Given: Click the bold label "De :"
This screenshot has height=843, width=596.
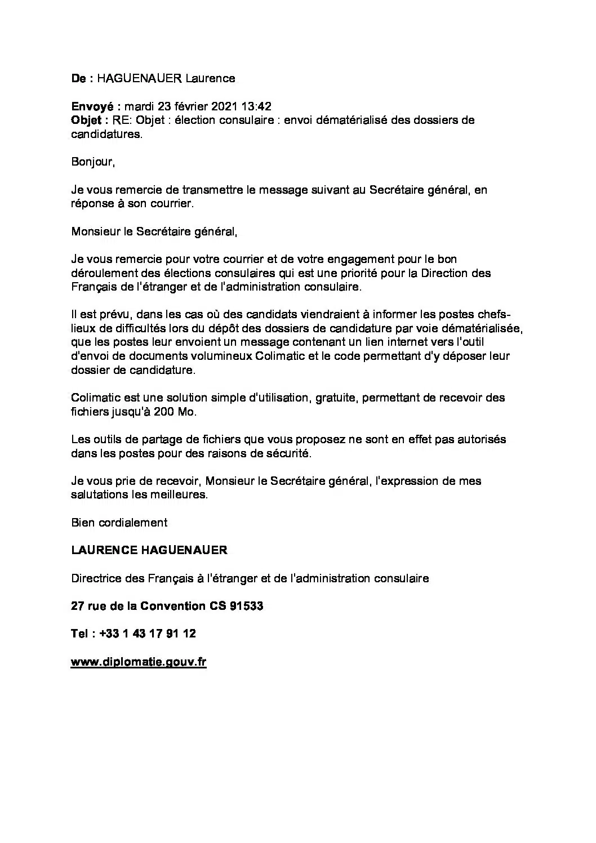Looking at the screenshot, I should (x=82, y=78).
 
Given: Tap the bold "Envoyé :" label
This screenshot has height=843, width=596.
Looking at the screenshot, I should (x=96, y=106).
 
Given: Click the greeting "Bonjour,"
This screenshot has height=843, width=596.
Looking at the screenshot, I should (x=93, y=162).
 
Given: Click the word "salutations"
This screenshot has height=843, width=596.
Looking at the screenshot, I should (x=100, y=495).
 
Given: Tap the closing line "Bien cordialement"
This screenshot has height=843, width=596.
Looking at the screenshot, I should (x=119, y=523).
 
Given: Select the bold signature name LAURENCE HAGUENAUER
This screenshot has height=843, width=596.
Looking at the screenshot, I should (x=149, y=550).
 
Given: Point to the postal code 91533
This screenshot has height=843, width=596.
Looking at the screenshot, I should (x=246, y=606).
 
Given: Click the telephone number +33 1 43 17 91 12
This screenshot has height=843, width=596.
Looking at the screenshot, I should (x=148, y=634).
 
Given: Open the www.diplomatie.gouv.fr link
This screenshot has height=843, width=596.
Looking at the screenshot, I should (x=139, y=662).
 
